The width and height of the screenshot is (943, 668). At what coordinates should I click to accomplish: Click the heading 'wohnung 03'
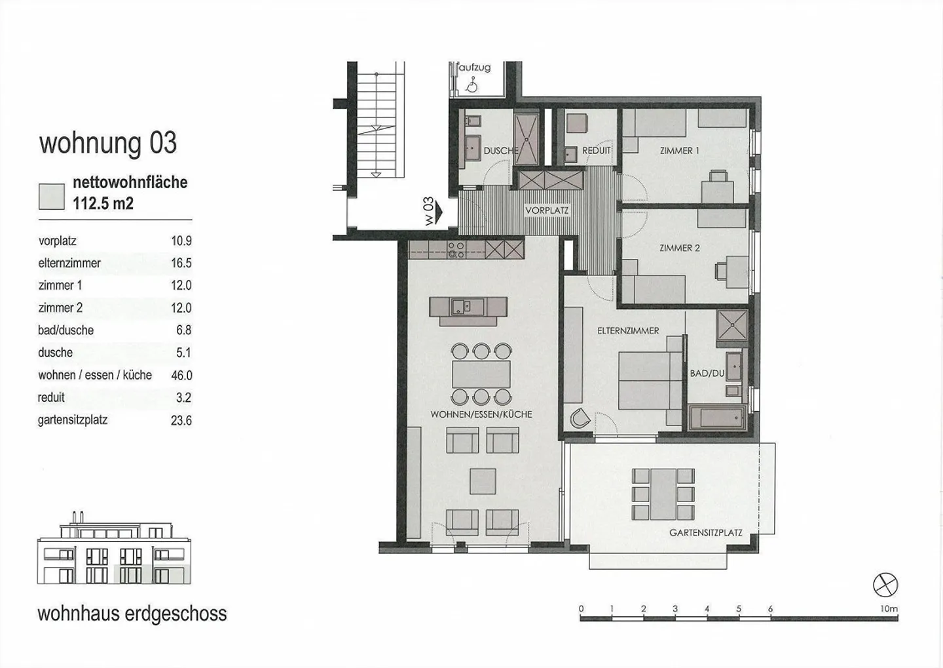point(108,143)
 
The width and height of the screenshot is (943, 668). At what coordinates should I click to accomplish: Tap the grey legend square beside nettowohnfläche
point(52,196)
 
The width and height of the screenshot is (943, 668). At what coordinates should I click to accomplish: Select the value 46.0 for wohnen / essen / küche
point(181,375)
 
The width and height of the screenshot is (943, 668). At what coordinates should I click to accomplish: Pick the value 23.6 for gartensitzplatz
point(181,420)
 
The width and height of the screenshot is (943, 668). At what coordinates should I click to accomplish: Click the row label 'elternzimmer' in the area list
point(69,263)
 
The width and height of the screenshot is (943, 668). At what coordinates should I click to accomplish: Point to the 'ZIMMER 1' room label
point(679,151)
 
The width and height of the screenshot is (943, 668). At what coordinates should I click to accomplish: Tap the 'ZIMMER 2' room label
point(679,248)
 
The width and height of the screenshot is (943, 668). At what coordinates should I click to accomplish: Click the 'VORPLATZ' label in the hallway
point(547,211)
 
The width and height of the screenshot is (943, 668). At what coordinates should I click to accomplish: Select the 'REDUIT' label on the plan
point(596,151)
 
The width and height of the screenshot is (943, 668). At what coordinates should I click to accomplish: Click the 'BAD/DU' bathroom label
point(707,373)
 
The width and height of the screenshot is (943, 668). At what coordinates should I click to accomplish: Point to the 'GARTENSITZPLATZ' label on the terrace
point(705,533)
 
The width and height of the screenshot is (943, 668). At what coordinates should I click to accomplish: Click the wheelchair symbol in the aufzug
point(470,85)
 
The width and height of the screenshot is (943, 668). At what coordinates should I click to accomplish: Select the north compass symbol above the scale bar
point(885,584)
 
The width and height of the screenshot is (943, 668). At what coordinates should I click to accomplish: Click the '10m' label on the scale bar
point(889,608)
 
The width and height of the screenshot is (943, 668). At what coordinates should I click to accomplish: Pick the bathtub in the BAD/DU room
point(717,418)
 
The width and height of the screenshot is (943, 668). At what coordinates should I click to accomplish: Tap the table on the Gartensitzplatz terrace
point(663,494)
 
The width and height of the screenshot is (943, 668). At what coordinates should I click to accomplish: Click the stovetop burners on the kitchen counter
point(456,250)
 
